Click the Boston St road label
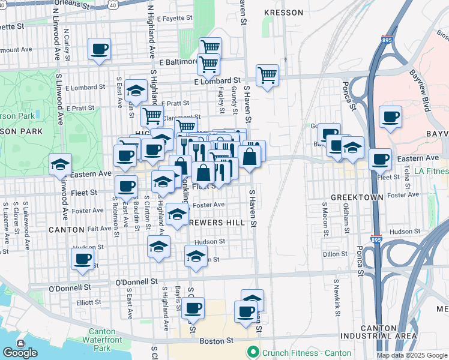215,340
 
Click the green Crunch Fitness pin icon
253,352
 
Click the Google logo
20,352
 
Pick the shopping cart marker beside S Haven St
267,76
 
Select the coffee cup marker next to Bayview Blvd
390,116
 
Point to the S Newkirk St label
338,304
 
